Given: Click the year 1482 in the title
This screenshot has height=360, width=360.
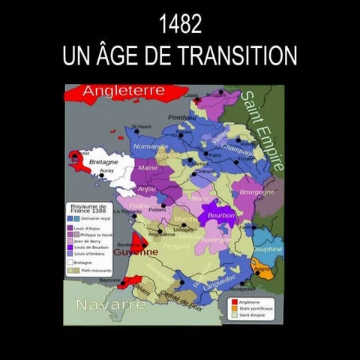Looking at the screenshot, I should tap(180, 25).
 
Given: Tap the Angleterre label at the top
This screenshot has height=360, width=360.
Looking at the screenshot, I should tap(124, 91).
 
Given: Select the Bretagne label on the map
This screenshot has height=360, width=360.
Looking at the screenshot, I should tap(103, 162).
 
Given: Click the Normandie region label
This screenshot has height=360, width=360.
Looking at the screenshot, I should tap(151, 146).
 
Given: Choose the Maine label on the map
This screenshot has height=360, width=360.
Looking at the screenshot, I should tap(148, 168).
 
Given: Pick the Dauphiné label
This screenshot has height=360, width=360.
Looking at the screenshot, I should tap(268, 248).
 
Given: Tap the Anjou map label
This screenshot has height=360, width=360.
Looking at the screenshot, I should tap(145, 189).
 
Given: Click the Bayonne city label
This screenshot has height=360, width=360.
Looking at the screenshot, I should tap(109, 280).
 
